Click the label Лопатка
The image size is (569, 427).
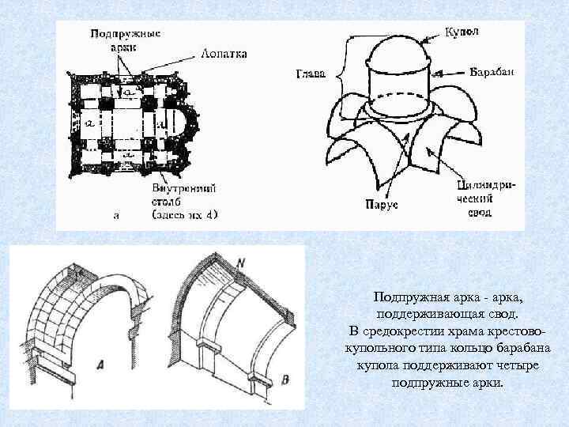224,54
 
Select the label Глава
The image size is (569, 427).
310,75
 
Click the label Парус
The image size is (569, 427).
381,205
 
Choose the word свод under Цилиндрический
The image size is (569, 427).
480,213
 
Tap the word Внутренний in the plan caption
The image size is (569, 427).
184,189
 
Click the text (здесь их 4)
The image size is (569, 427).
185,214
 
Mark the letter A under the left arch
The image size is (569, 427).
100,365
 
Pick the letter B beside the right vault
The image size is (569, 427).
284,380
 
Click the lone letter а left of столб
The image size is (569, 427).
117,214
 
